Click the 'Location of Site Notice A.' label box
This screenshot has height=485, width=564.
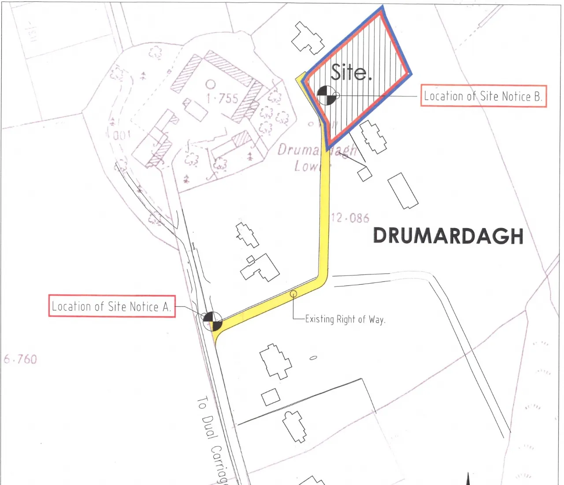[111, 306]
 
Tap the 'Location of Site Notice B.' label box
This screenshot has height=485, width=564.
[483, 96]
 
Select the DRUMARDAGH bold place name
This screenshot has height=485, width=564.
[448, 236]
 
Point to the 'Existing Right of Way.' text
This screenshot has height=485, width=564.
[345, 319]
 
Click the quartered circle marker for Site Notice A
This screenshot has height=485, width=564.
[213, 321]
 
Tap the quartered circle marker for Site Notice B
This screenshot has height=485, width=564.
[326, 96]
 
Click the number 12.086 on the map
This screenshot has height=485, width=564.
[350, 218]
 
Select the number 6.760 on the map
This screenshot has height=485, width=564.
[20, 359]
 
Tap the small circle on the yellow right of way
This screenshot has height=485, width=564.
[293, 294]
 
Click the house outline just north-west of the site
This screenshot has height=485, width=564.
[308, 38]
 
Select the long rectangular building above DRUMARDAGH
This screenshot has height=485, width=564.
[403, 191]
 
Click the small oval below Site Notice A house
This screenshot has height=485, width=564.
[313, 358]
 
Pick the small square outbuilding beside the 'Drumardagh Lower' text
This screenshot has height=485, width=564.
[364, 174]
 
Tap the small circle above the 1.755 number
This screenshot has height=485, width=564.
[211, 84]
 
